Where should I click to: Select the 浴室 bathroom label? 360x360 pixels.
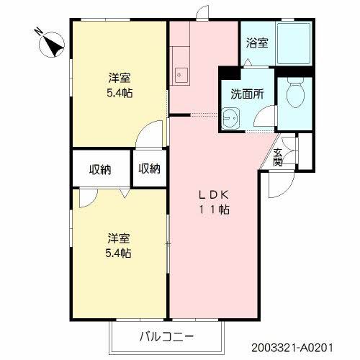(257, 42)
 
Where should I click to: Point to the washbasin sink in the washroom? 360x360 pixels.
(232, 117)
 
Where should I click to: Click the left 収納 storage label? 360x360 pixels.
(100, 170)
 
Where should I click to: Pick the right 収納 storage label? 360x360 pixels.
(149, 169)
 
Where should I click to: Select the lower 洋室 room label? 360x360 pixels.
(119, 238)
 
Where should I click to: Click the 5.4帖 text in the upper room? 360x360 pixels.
(119, 93)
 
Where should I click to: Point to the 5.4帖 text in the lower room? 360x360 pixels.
(119, 253)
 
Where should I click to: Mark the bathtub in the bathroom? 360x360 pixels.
(297, 43)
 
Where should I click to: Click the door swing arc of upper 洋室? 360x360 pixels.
(152, 132)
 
